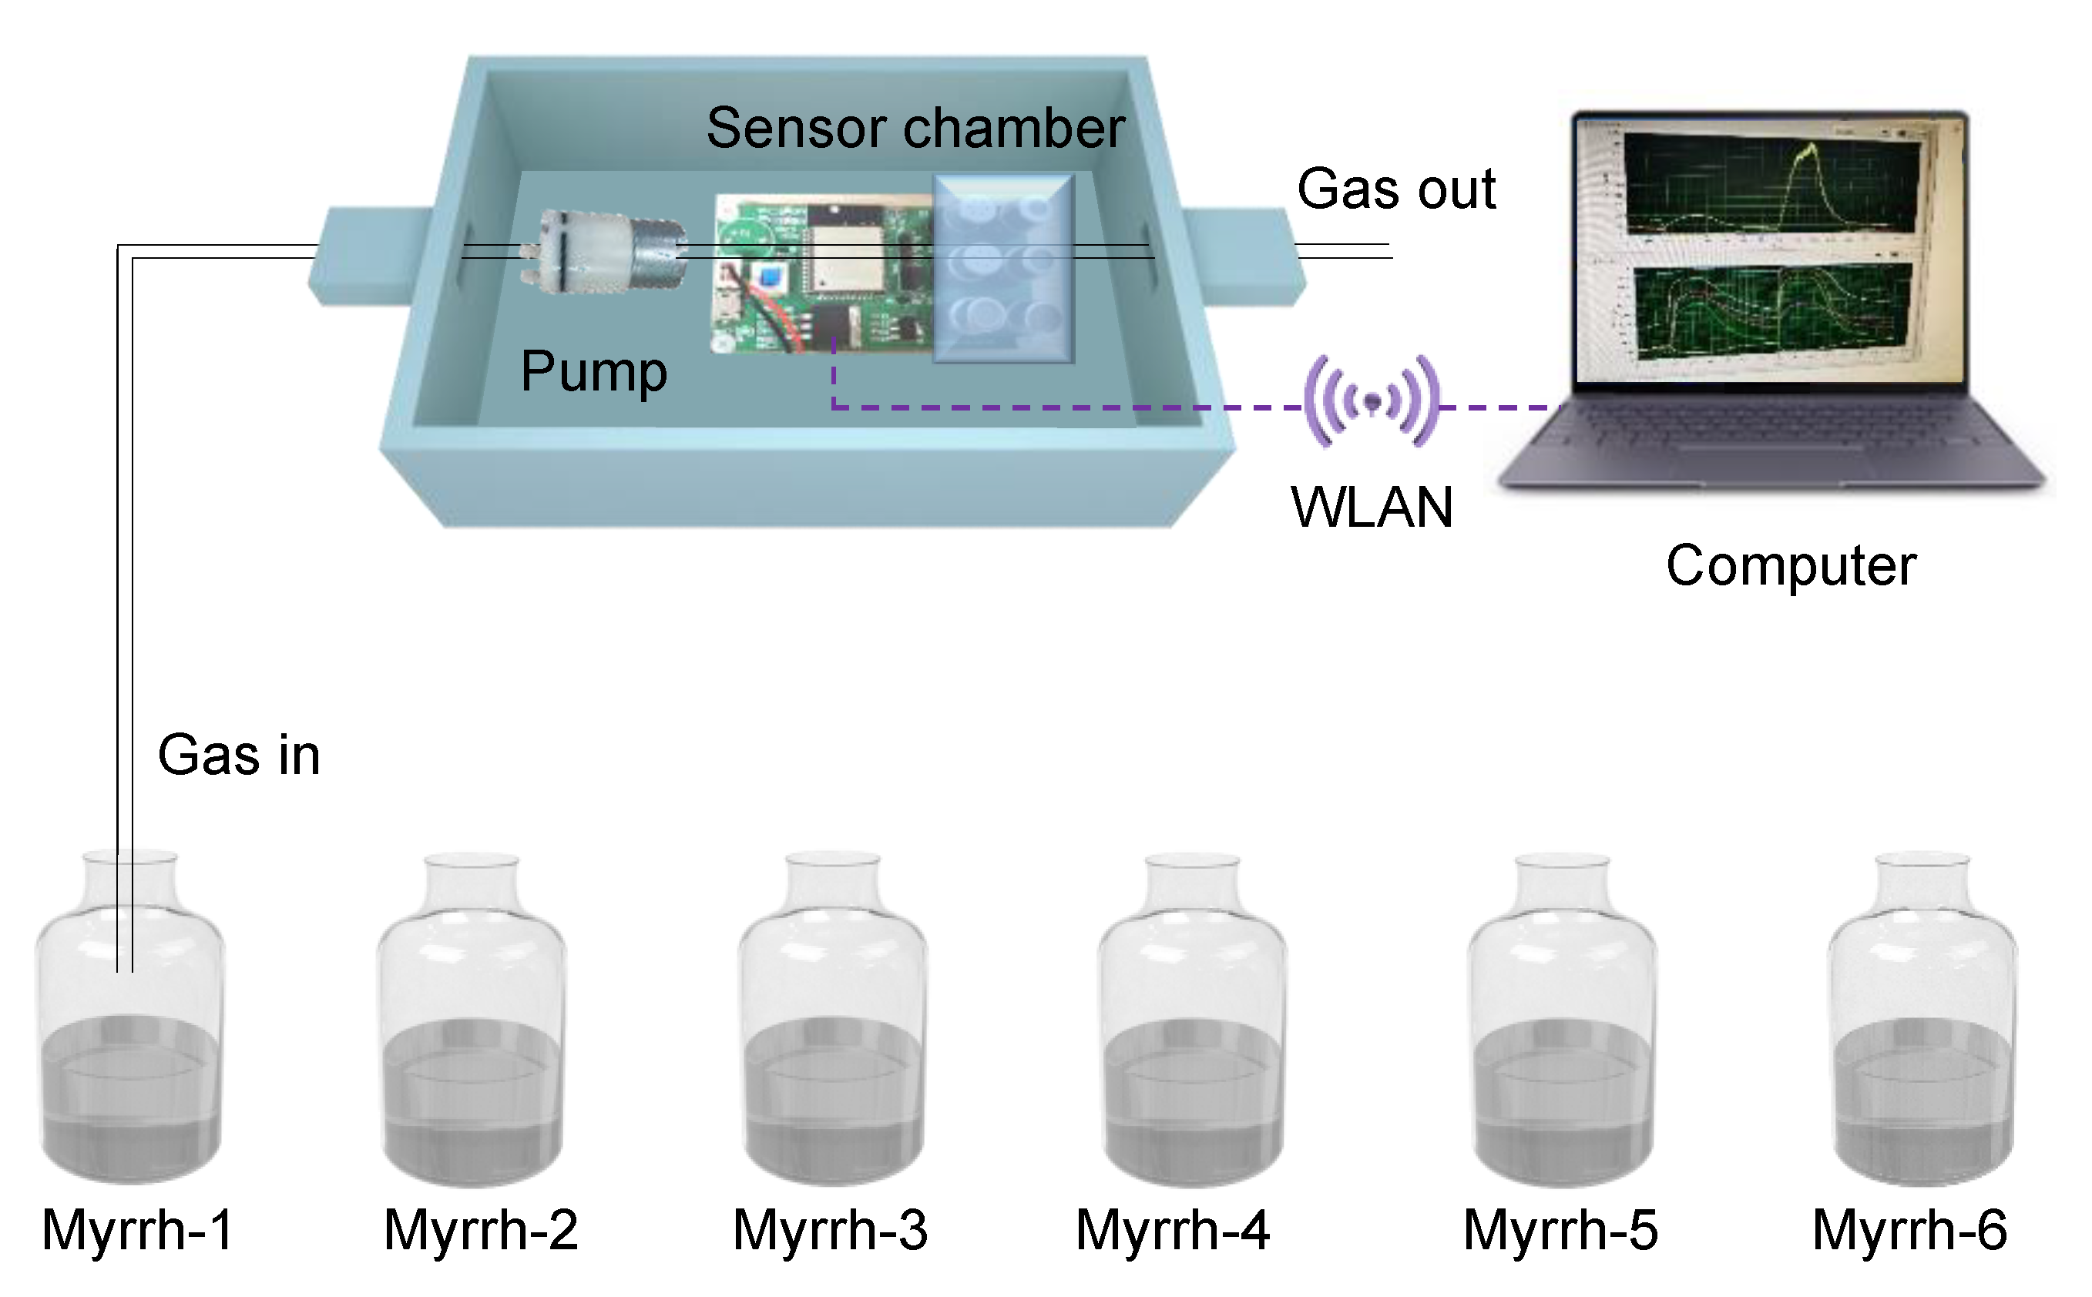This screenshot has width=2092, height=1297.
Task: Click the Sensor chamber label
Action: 915,129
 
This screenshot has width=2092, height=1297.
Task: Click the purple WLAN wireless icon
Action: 1372,400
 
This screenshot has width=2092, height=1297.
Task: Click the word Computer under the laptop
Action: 1790,566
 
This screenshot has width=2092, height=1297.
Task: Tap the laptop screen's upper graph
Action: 1772,187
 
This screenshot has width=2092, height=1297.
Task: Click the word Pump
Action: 593,371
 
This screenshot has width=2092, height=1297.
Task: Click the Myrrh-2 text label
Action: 481,1229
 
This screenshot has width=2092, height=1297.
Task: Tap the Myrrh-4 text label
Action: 1172,1229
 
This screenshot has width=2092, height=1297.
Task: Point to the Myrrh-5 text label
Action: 1560,1229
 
